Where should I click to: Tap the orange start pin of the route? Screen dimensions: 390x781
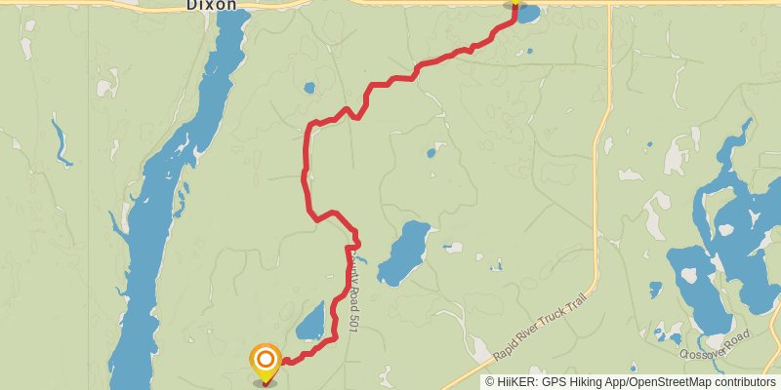(266, 363)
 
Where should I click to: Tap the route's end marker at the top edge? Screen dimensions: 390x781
(514, 4)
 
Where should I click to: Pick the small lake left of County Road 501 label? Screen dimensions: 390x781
(310, 321)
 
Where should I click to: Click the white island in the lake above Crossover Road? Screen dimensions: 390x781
(688, 276)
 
